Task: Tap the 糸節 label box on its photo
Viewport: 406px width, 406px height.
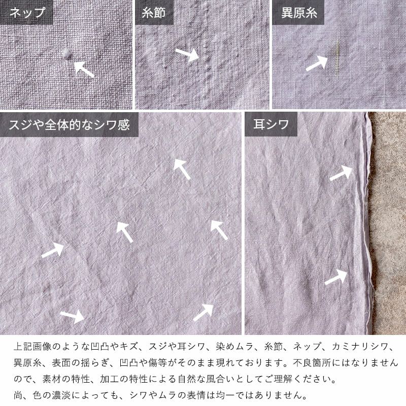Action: pyautogui.click(x=154, y=12)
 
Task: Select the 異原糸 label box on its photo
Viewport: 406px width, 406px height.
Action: pyautogui.click(x=299, y=12)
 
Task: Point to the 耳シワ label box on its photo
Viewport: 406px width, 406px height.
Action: pyautogui.click(x=270, y=124)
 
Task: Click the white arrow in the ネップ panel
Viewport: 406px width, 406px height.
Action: pyautogui.click(x=84, y=69)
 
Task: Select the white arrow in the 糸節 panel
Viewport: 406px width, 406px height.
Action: pyautogui.click(x=187, y=54)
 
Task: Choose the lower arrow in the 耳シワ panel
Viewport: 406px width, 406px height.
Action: pyautogui.click(x=335, y=277)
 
